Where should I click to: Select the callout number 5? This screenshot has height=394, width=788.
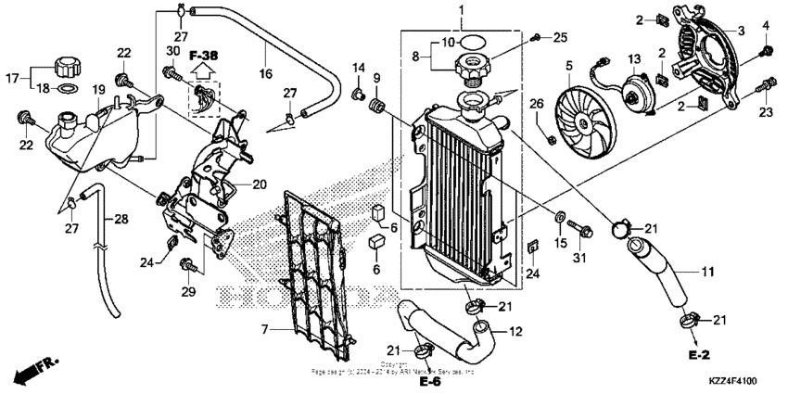[569, 65]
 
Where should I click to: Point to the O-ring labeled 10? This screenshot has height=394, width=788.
[470, 42]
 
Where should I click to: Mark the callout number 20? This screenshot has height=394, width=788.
[259, 184]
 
